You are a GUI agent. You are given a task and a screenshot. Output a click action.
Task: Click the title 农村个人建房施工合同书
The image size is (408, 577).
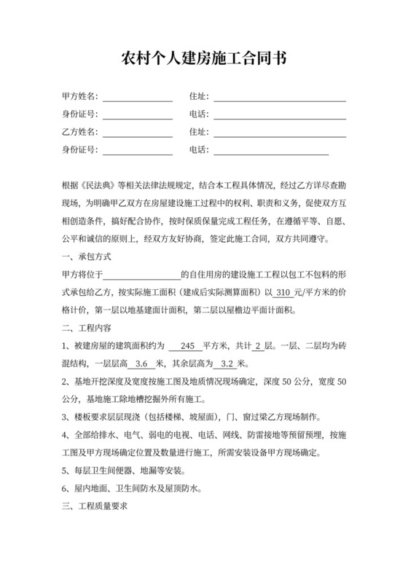203,59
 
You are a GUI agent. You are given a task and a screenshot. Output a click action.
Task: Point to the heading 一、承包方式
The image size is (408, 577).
87,257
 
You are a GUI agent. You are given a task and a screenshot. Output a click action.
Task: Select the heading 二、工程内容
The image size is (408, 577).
87,327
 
